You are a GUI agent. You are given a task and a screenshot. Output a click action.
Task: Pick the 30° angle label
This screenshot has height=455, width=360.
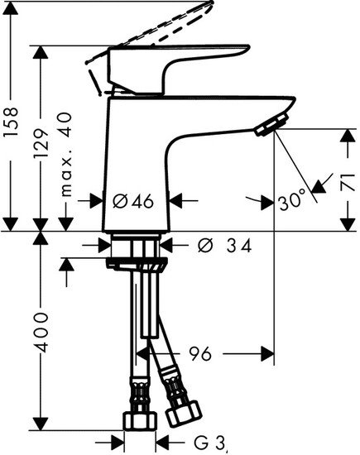click(x=290, y=199)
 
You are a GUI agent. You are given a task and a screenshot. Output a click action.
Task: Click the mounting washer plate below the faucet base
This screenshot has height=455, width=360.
click(x=137, y=263)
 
